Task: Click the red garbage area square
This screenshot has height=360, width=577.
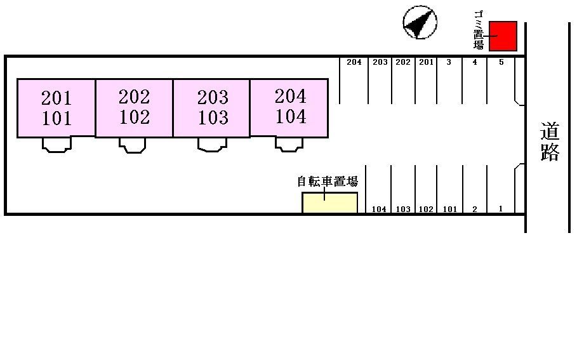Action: point(502,36)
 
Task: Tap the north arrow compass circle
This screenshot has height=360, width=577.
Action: point(420,23)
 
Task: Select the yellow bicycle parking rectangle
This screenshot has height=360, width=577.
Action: point(329,203)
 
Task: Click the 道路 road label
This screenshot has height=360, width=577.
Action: point(550,142)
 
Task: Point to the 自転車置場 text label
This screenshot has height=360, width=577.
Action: point(328,182)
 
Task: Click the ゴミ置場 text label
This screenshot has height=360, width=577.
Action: point(479,30)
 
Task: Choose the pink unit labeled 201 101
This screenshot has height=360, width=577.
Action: point(56,108)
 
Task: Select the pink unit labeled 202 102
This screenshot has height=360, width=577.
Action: point(134,107)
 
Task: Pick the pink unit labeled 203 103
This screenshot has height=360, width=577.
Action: point(212,107)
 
